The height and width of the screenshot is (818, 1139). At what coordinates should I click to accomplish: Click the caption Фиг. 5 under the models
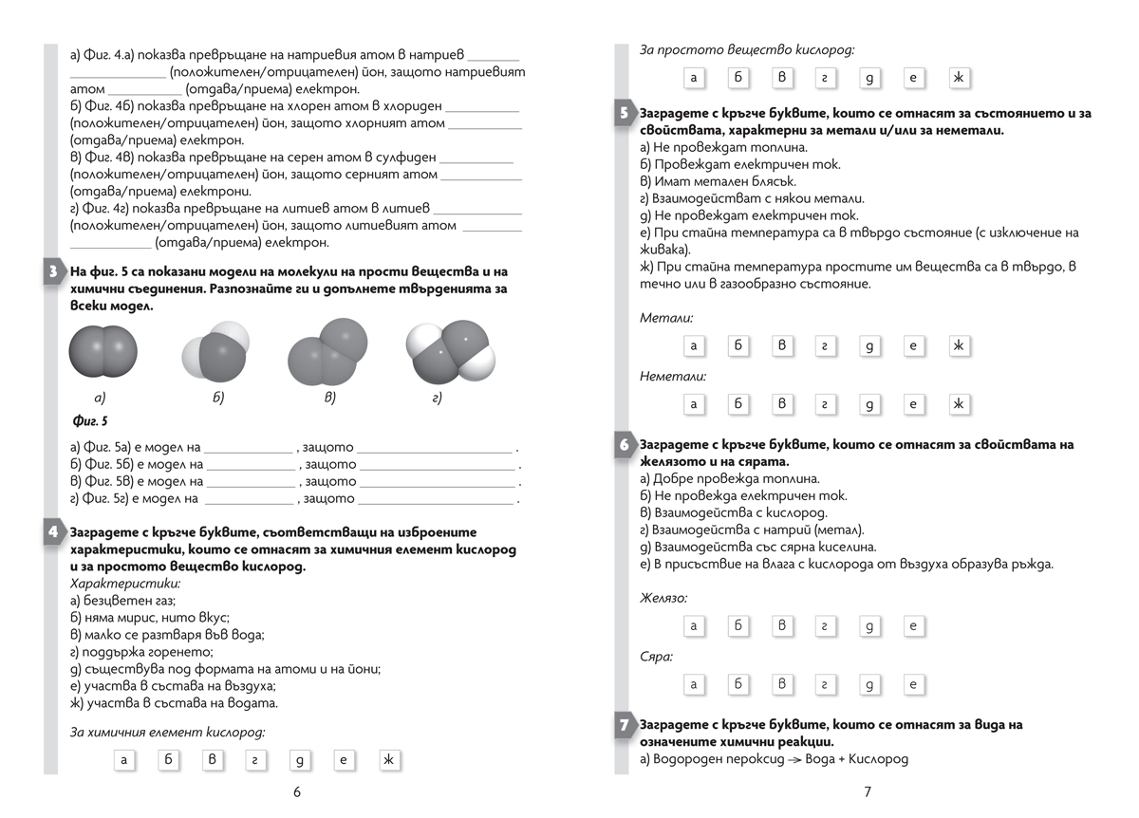point(90,420)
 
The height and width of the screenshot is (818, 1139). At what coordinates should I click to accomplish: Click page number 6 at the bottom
point(297,792)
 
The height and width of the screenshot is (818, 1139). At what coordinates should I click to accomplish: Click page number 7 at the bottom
point(867,792)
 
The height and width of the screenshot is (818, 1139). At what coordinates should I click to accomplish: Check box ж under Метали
point(959,345)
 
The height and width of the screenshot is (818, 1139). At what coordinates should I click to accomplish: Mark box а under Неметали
point(694,404)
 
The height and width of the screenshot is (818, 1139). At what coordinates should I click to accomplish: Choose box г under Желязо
point(824,625)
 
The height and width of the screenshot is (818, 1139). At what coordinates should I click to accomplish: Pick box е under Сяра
point(912,683)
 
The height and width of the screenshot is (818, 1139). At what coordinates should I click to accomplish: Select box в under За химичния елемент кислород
point(213,759)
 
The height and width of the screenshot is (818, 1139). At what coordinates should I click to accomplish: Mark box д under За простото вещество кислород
point(868,78)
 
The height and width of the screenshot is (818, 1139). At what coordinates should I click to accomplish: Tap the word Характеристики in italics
point(124,583)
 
